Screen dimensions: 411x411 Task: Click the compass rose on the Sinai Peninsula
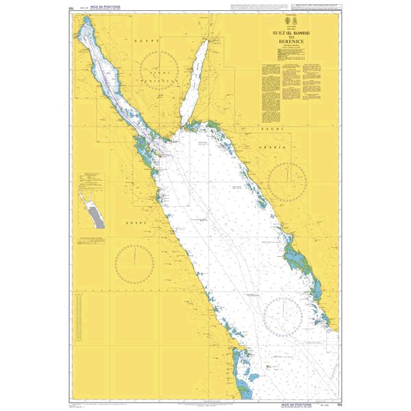(158, 72)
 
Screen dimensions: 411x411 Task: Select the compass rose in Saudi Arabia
(286, 181)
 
